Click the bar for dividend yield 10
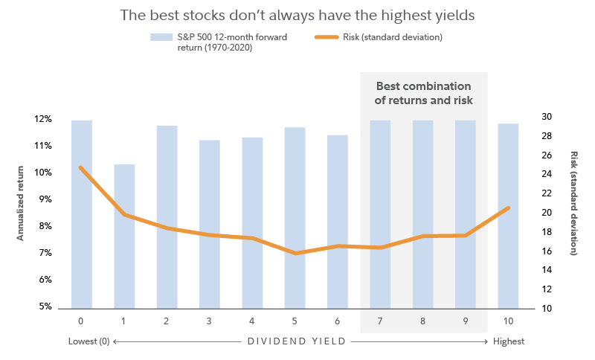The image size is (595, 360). pyautogui.click(x=508, y=216)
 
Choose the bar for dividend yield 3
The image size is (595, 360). pyautogui.click(x=210, y=223)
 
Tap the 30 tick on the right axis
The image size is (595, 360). pyautogui.click(x=546, y=117)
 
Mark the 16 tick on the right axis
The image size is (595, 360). pyautogui.click(x=546, y=251)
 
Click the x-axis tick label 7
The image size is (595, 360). pyautogui.click(x=379, y=321)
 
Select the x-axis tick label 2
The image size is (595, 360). pyautogui.click(x=167, y=321)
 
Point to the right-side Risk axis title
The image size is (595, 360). pyautogui.click(x=573, y=203)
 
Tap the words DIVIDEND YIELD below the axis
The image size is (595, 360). pyautogui.click(x=297, y=341)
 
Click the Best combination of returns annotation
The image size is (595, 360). pyautogui.click(x=423, y=92)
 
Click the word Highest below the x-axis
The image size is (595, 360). pyautogui.click(x=509, y=341)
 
